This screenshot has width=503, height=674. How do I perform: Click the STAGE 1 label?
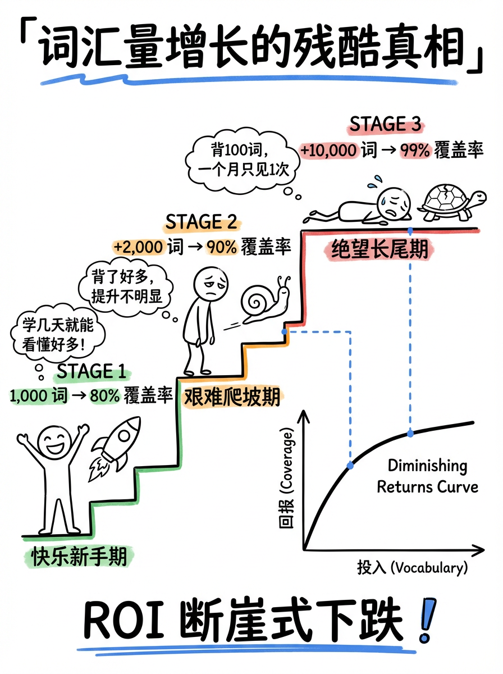(92, 371)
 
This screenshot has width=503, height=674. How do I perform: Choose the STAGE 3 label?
(385, 125)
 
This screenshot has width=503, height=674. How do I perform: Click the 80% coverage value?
(104, 395)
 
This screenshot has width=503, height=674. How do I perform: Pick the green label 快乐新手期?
(79, 557)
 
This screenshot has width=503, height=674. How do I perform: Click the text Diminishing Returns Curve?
(427, 476)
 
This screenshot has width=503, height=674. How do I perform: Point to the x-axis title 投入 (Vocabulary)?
(412, 567)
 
